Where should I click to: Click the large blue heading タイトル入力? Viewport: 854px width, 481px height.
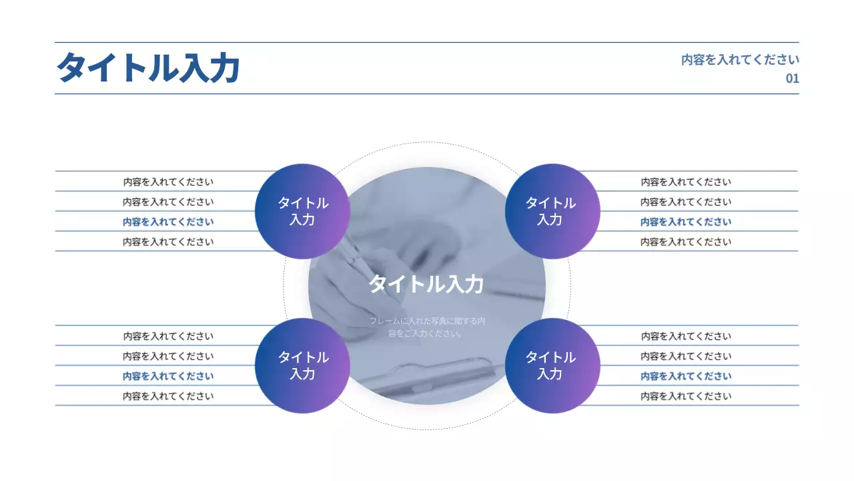(148, 68)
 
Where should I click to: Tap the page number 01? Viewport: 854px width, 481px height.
(792, 78)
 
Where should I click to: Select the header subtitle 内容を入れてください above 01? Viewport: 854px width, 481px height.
(740, 59)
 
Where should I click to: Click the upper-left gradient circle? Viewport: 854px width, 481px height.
(302, 211)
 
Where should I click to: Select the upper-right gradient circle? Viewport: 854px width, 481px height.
(552, 211)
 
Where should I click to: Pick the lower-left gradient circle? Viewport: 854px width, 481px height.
(302, 365)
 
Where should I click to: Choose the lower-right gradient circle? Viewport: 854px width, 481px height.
(552, 365)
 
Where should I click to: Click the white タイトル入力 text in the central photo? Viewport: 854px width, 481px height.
(426, 284)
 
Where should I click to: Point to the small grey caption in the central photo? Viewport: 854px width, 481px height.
(427, 327)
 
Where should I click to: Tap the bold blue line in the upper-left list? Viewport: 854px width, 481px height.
(168, 222)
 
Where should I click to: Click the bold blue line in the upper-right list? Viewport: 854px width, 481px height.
(686, 222)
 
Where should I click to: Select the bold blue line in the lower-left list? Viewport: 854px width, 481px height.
(168, 376)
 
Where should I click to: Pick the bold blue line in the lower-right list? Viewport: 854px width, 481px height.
(686, 376)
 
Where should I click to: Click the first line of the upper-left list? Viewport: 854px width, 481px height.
(168, 182)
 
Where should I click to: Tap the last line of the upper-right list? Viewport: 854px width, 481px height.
(686, 242)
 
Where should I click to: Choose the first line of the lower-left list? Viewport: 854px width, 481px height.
(168, 336)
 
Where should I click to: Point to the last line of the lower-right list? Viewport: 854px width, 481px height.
(686, 396)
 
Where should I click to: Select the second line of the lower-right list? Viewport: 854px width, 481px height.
(686, 356)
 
